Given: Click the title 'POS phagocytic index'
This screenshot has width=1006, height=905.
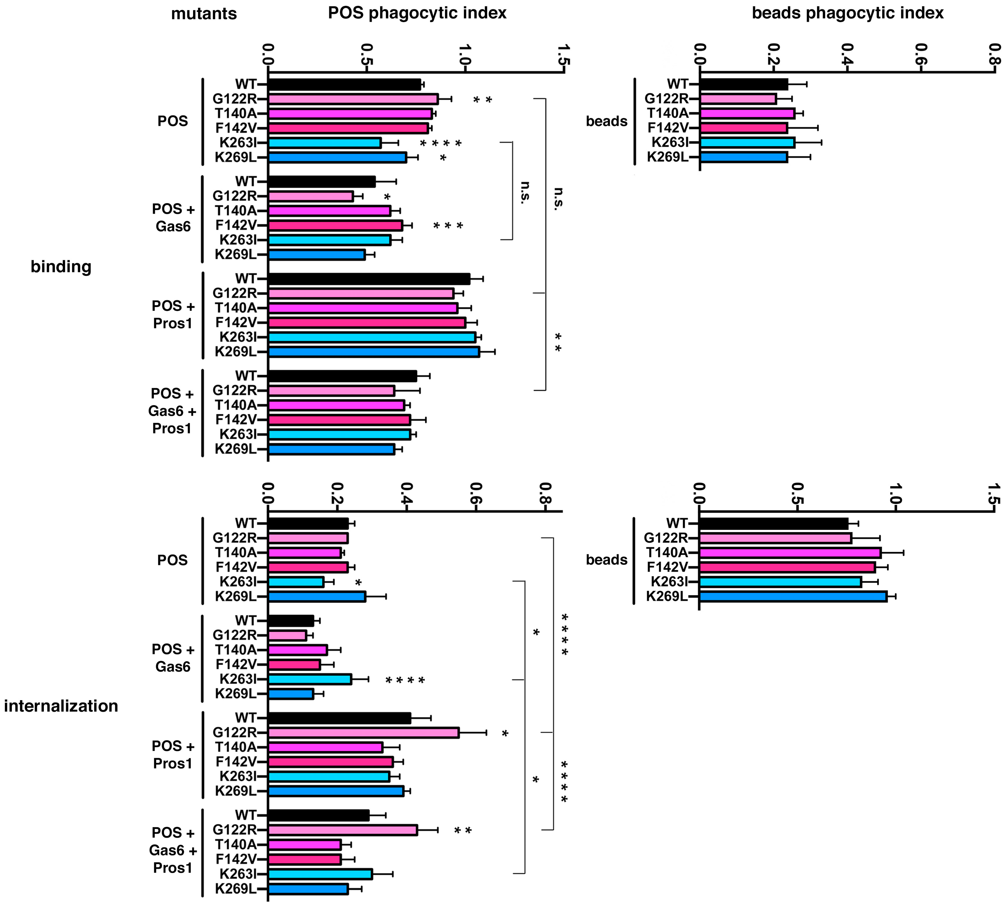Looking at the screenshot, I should click(417, 13).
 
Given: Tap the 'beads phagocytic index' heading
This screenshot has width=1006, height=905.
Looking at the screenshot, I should click(847, 13).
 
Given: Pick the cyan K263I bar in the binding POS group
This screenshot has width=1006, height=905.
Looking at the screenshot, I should click(324, 143).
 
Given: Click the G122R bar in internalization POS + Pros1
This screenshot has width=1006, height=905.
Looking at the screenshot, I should click(363, 733).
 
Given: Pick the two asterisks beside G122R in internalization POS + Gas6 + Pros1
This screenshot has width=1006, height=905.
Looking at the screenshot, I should click(463, 830).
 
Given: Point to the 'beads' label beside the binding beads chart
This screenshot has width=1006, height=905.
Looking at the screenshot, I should click(606, 121).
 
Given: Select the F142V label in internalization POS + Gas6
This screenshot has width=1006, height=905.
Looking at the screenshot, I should click(236, 664).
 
